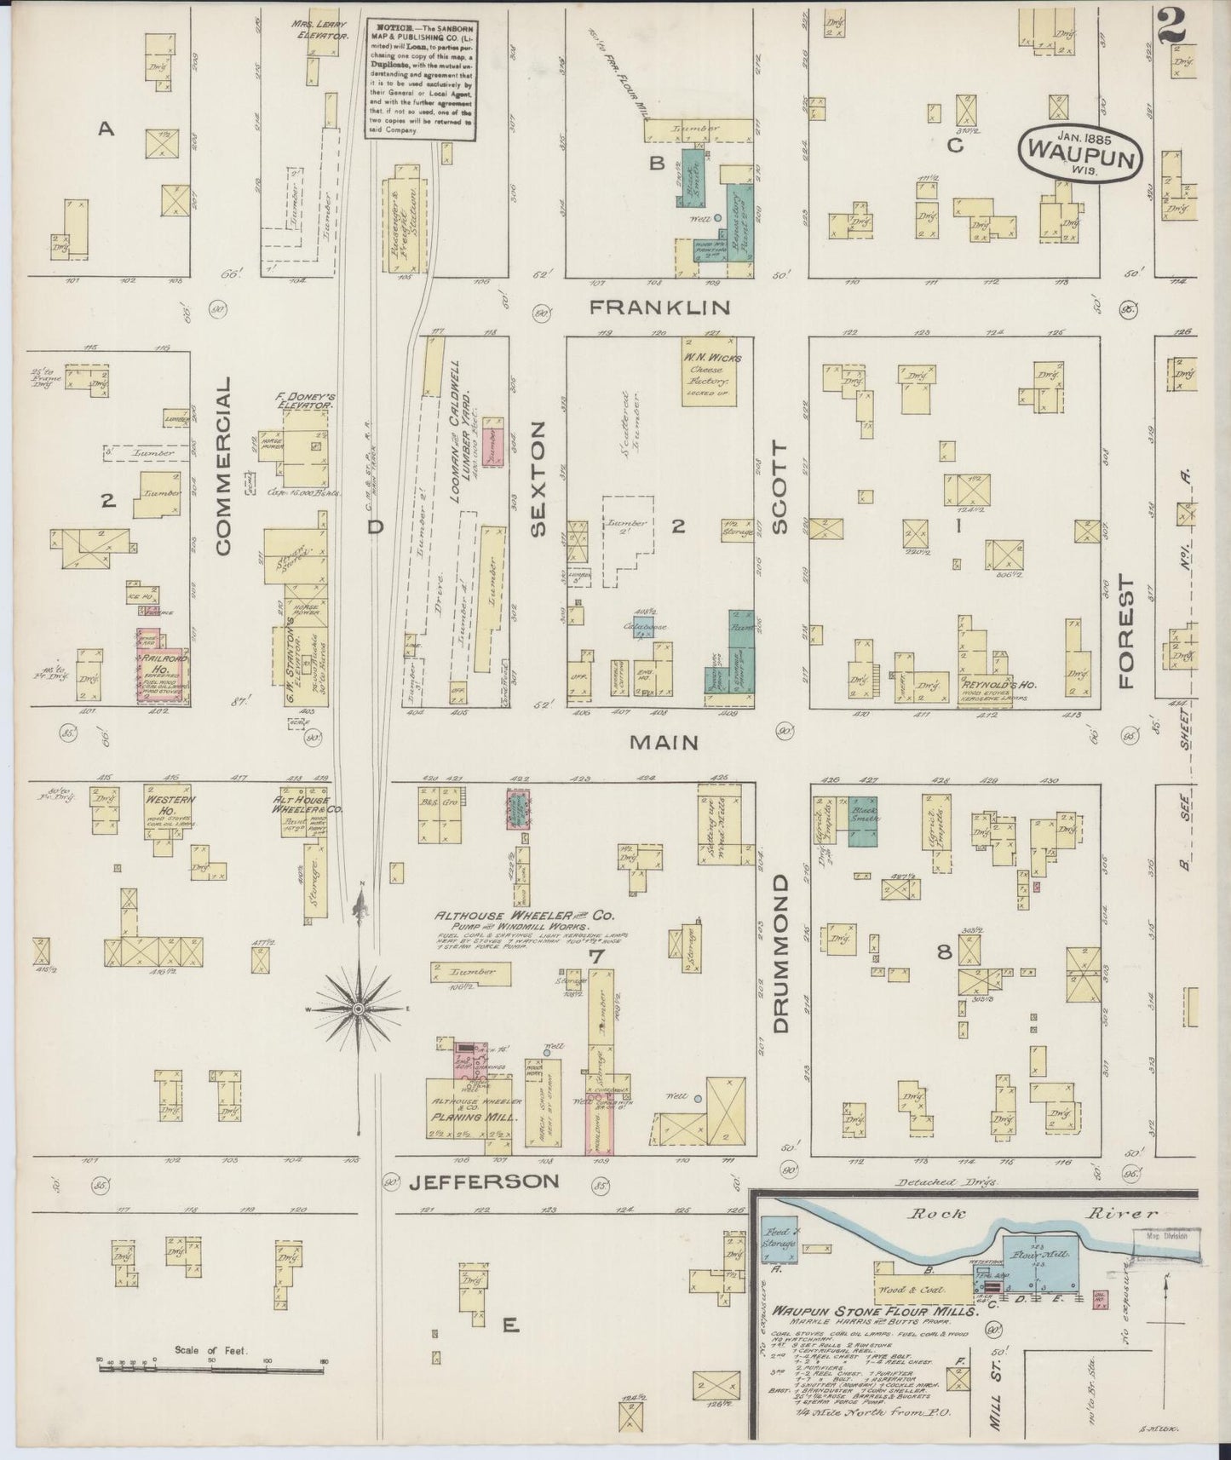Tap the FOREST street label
pyautogui.click(x=1128, y=631)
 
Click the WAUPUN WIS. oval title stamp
pyautogui.click(x=1080, y=151)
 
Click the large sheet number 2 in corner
pyautogui.click(x=1171, y=26)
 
